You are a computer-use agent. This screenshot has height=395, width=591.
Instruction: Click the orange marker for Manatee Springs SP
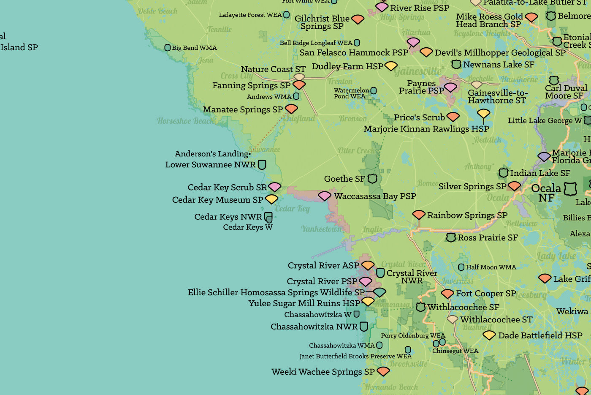pos(291,109)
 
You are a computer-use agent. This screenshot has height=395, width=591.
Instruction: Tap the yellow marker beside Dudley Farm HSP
pos(391,66)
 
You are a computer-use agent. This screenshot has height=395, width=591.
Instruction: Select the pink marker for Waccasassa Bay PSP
pos(324,196)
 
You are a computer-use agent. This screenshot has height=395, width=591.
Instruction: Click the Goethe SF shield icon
pos(372,179)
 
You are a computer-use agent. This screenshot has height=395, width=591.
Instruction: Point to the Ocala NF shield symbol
pos(570,188)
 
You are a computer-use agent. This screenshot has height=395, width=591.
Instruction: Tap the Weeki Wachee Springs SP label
pos(323,372)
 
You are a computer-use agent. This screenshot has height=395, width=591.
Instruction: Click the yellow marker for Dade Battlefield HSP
pos(489,335)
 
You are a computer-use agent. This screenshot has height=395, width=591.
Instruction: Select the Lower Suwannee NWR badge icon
pos(262,164)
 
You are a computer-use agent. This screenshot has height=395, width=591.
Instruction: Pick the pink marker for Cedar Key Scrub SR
pos(274,187)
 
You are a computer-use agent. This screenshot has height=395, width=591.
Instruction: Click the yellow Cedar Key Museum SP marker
pos(271,199)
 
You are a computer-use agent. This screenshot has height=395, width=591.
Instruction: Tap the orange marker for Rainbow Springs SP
pos(418,215)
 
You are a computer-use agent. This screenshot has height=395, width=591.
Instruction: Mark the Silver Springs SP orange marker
pos(514,186)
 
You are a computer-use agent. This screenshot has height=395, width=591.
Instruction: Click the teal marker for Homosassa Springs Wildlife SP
pos(380,292)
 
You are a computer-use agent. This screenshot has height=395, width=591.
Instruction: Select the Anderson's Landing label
pos(211,154)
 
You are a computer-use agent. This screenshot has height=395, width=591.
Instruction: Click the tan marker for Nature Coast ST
pos(299,77)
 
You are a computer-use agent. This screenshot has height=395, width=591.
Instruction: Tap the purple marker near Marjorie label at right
pos(544,157)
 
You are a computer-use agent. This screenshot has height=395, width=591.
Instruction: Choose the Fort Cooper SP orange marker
pos(447,293)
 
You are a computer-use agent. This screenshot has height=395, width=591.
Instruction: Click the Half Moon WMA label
pos(491,267)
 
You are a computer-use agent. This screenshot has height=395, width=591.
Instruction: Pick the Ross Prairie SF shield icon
pos(451,237)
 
